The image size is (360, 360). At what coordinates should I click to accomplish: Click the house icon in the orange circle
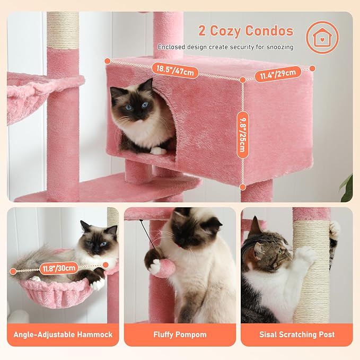pyautogui.click(x=322, y=37)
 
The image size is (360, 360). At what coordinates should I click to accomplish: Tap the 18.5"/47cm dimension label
pyautogui.click(x=174, y=69)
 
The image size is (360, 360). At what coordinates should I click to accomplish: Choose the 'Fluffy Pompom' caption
pyautogui.click(x=180, y=335)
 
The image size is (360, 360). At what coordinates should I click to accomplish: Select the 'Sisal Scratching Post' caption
pyautogui.click(x=297, y=335)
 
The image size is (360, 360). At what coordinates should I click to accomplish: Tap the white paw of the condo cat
pyautogui.click(x=157, y=151)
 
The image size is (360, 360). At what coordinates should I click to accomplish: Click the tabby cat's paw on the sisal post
pyautogui.click(x=306, y=256)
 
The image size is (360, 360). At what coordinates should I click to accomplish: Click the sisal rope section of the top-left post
pyautogui.click(x=63, y=30)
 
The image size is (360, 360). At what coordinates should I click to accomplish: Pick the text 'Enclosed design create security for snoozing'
pyautogui.click(x=225, y=47)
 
